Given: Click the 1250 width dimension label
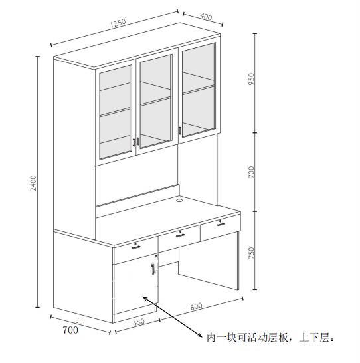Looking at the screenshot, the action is pos(118,23).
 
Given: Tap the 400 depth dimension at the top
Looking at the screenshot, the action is pos(206,17).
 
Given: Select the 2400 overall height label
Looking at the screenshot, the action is pos(33,183).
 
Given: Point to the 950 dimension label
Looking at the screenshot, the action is pos(251,79).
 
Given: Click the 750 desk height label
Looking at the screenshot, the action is pos(251,253).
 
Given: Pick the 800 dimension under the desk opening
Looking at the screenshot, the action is pos(197,306).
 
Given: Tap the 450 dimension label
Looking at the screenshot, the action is pos(139,322).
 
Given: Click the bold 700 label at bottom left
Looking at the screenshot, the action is pos(70,330).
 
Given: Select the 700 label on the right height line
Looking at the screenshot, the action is pos(251,172).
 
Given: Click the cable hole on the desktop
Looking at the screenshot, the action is pos(179,200).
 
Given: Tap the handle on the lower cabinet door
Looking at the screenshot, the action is pos(153,269).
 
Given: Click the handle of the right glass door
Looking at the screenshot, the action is pos(180,130).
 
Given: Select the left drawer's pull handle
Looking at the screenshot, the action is pos(136,247).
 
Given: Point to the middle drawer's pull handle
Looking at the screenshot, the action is pos(180,235).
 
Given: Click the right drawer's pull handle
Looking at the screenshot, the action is pos(221,224).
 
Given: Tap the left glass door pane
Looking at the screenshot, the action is pos(115,112).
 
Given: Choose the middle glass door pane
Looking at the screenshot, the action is pos(156,102).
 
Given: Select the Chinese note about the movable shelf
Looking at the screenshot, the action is pos(270,338).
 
